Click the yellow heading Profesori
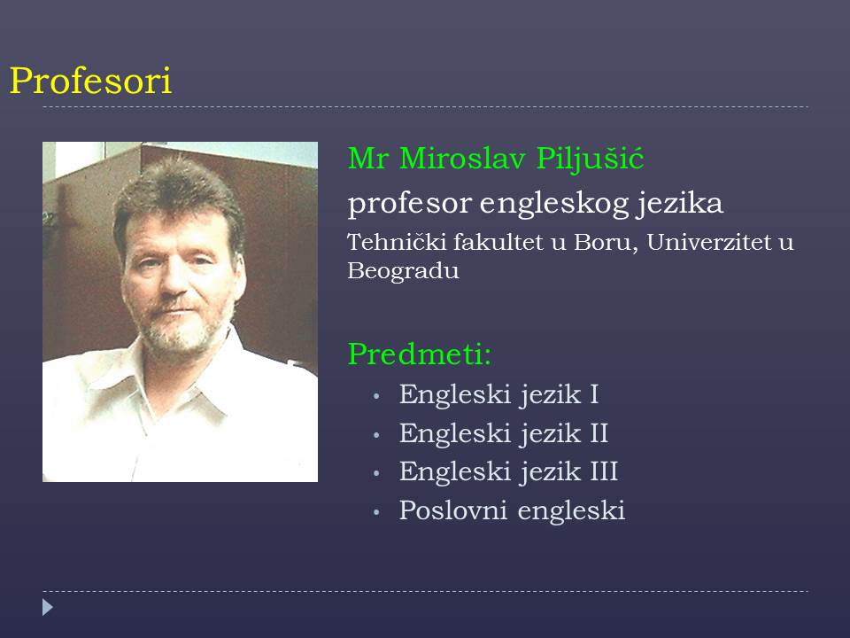click(x=90, y=81)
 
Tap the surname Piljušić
click(x=591, y=159)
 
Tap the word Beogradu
click(x=404, y=271)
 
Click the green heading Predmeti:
click(x=420, y=354)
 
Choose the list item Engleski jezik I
click(x=498, y=394)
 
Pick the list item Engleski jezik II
click(x=504, y=433)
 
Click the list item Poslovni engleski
click(x=513, y=511)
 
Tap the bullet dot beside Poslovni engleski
click(x=376, y=512)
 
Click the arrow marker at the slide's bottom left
click(x=48, y=607)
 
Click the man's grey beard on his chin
click(x=179, y=337)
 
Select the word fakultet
click(x=498, y=242)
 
